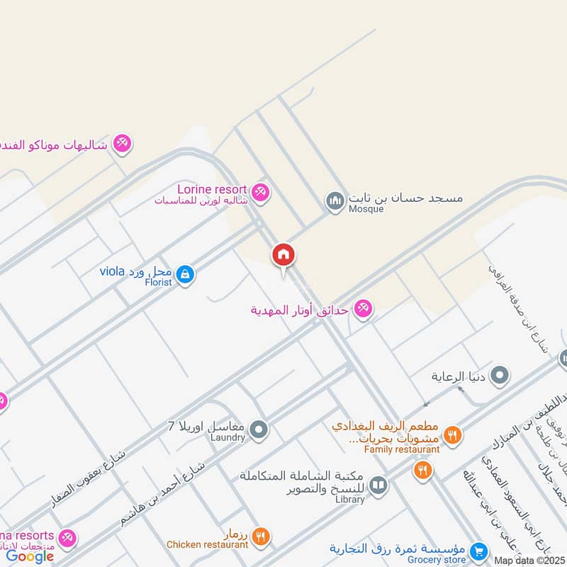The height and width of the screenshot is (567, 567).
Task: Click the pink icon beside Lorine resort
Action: pos(261,192)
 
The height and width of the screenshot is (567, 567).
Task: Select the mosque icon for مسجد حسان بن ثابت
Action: pos(335,202)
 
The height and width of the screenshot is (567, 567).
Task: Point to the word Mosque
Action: pos(366,209)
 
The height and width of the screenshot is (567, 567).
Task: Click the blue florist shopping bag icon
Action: pos(185,274)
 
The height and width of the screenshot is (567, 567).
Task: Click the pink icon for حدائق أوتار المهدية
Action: pos(363,309)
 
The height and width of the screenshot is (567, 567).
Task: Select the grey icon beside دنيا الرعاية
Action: pos(500,376)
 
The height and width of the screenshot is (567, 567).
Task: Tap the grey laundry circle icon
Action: pos(259,429)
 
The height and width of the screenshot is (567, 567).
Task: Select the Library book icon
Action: pos(378,485)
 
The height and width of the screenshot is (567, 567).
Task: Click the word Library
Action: pos(350,500)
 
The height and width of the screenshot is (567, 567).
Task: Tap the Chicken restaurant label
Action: pos(208,545)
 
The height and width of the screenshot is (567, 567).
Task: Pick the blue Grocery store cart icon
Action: pos(479,551)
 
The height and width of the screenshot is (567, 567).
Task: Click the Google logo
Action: pos(30,556)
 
